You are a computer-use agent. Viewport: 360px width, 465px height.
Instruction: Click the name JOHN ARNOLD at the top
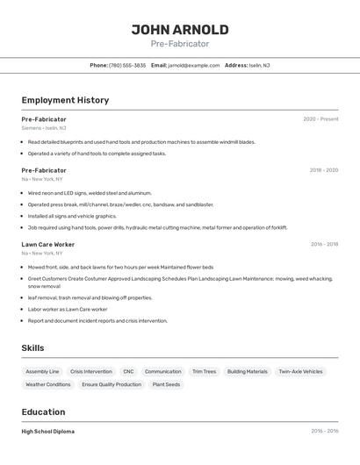[x=180, y=30]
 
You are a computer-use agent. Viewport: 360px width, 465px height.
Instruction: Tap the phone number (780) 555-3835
[x=127, y=65]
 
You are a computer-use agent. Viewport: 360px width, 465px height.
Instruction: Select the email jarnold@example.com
[x=193, y=65]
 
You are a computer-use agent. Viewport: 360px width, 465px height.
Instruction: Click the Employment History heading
[x=65, y=100]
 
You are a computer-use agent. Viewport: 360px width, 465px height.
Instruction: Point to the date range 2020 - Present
[x=320, y=119]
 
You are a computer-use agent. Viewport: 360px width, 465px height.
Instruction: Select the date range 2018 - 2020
[x=323, y=170]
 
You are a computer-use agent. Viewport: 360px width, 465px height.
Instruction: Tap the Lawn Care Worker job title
[x=47, y=245]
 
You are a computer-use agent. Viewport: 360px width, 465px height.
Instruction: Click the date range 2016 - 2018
[x=324, y=245]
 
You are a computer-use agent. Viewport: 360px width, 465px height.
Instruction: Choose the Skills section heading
[x=32, y=348]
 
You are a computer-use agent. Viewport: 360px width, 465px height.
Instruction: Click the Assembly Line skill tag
[x=42, y=371]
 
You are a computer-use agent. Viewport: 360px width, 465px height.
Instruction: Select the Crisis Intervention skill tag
[x=91, y=371]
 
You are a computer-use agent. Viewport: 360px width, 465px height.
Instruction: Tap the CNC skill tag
[x=128, y=371]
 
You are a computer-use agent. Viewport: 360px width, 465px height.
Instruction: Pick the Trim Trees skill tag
[x=204, y=371]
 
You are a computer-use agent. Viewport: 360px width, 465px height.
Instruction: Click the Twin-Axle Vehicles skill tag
[x=300, y=371]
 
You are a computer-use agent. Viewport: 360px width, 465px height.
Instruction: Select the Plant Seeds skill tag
[x=166, y=384]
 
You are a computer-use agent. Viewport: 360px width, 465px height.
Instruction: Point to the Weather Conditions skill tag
[x=48, y=384]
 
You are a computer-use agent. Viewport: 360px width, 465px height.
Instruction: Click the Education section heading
[x=43, y=412]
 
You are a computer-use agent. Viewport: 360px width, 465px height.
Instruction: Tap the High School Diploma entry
[x=47, y=432]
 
